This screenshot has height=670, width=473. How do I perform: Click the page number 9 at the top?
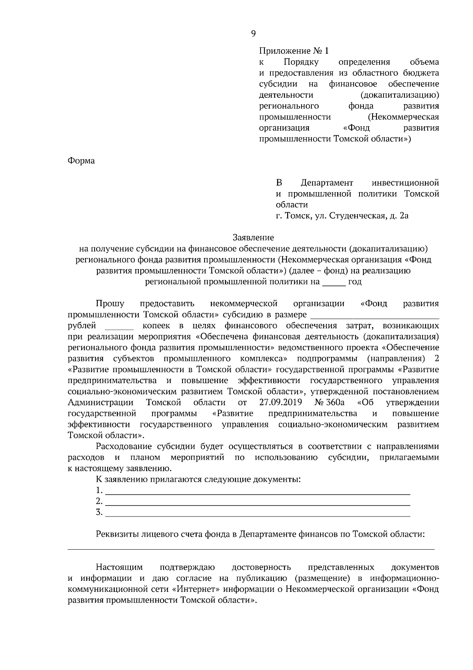[253, 34]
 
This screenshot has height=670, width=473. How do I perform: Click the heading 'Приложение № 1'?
[293, 51]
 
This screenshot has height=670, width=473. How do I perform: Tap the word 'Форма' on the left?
[81, 161]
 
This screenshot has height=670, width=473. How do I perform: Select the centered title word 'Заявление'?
[253, 238]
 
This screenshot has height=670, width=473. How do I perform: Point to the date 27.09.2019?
[281, 402]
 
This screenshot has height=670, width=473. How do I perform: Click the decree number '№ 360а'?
[330, 402]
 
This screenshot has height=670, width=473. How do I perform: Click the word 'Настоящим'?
[119, 567]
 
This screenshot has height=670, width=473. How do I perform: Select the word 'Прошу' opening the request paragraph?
[110, 303]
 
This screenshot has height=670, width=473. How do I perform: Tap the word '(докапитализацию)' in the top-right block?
[400, 95]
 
